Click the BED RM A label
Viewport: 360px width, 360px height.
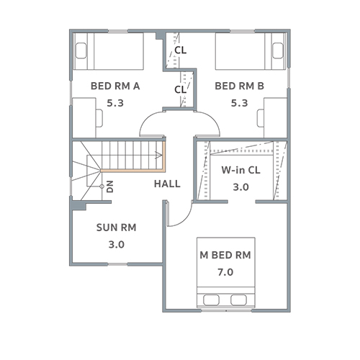click(x=115, y=86)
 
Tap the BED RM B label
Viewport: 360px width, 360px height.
click(x=239, y=86)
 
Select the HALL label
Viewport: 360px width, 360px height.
click(x=167, y=184)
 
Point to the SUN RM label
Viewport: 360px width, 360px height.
click(x=116, y=228)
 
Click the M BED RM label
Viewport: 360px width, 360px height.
click(x=225, y=255)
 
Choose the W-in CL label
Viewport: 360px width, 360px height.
click(x=240, y=170)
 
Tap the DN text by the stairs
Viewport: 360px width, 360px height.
click(x=110, y=186)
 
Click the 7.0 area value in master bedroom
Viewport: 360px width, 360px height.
click(x=225, y=272)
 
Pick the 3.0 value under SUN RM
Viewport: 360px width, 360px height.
click(x=117, y=245)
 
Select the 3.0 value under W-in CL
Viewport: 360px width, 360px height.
click(x=240, y=187)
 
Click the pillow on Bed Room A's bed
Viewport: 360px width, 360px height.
click(x=81, y=50)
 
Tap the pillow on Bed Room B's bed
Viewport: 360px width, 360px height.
click(x=278, y=50)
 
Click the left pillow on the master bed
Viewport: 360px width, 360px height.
click(x=211, y=300)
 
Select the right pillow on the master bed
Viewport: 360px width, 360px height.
click(x=238, y=300)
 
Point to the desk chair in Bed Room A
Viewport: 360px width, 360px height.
click(x=99, y=118)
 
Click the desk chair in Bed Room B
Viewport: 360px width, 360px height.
click(x=261, y=118)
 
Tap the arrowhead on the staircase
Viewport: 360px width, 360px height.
click(x=158, y=155)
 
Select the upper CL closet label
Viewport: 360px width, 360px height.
click(x=180, y=50)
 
